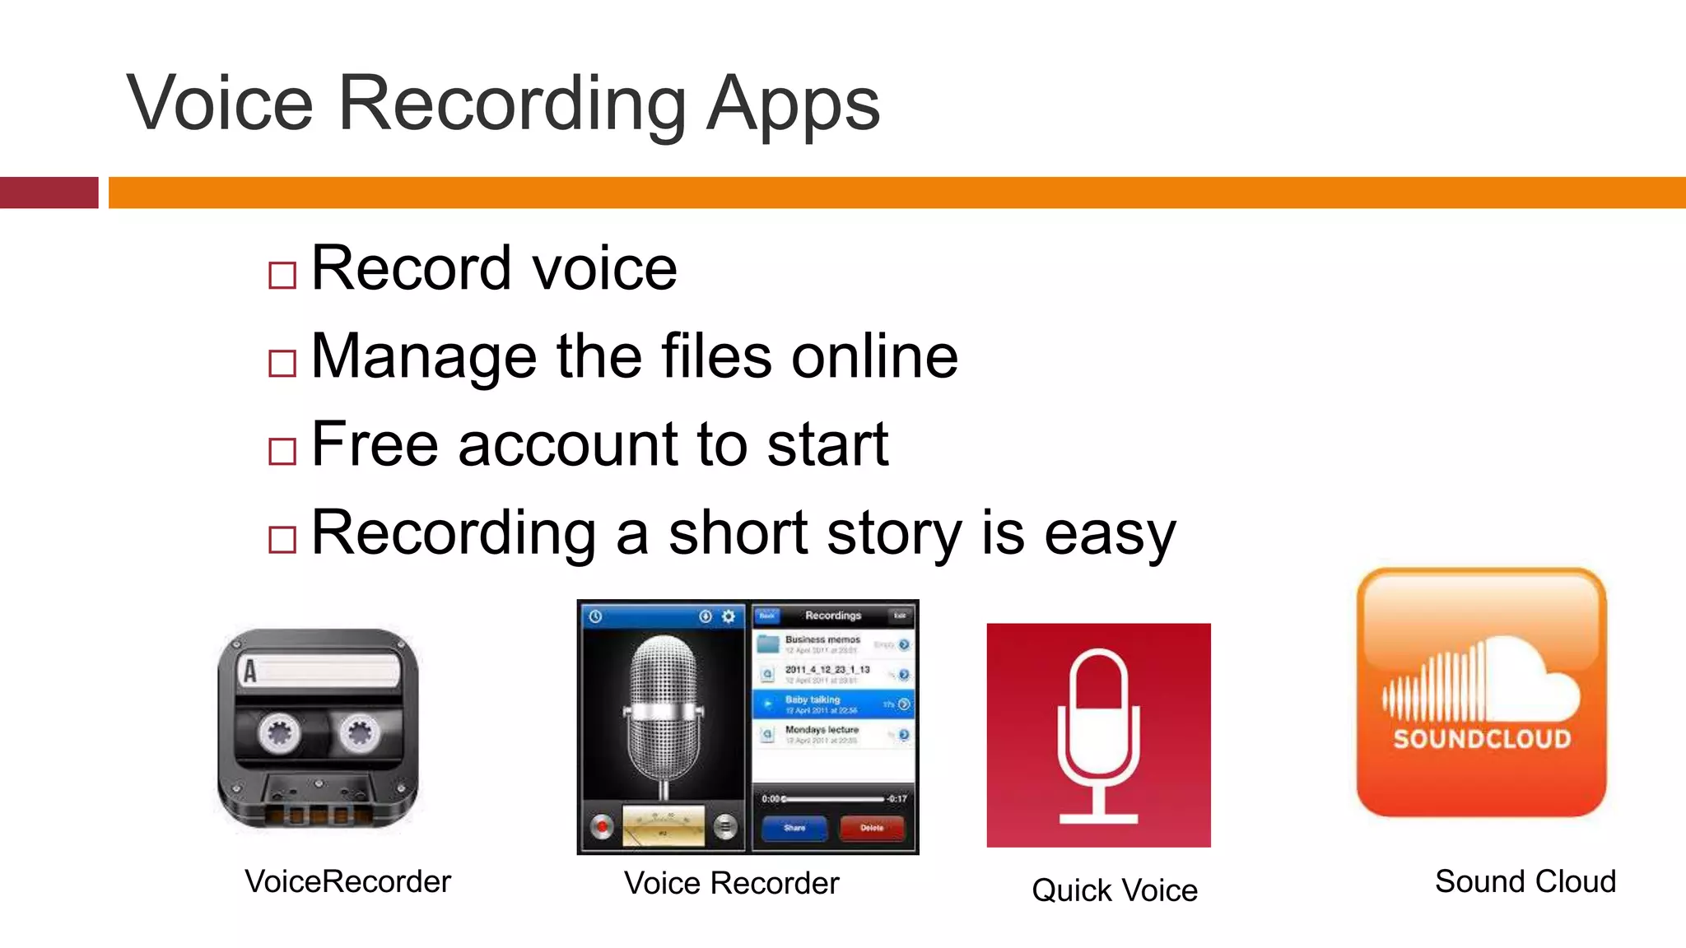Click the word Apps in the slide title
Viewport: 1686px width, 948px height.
793,105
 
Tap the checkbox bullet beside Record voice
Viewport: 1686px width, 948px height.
282,275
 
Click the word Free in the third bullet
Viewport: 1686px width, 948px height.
375,444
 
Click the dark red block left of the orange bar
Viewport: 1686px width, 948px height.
49,193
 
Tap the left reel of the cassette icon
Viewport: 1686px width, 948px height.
278,732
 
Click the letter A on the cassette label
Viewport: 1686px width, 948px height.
249,671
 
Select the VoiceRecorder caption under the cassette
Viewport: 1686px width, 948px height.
347,881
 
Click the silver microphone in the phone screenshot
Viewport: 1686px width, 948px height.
664,708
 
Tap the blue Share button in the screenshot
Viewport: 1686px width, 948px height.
794,828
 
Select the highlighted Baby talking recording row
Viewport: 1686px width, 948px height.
833,704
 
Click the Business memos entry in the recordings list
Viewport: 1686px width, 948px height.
823,640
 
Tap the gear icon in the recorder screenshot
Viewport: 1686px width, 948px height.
729,616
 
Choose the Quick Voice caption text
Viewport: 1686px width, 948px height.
1114,890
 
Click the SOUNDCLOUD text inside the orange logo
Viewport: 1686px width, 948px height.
1482,739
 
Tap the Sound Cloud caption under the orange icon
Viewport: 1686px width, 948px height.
1525,881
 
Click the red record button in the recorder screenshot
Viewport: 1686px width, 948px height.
603,826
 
